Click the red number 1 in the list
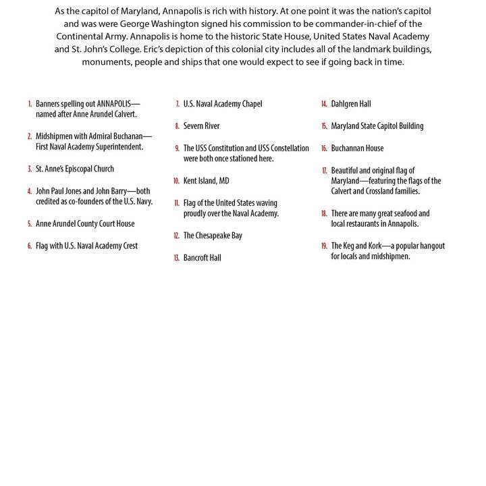(30, 105)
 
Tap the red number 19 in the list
(324, 246)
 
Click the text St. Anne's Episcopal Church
(75, 169)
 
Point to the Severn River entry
(201, 126)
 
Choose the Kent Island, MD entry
(206, 181)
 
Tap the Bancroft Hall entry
(202, 258)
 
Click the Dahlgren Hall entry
(350, 104)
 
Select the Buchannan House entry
(357, 148)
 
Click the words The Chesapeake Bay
(213, 236)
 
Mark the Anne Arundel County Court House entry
(85, 224)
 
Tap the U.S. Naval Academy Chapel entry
(223, 104)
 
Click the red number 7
(177, 104)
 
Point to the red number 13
(176, 258)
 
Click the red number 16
(324, 148)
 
